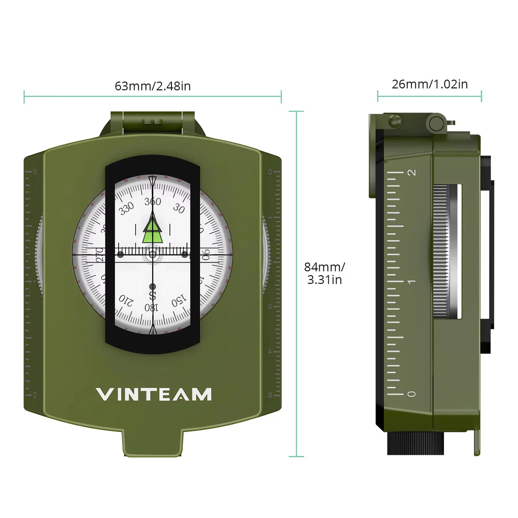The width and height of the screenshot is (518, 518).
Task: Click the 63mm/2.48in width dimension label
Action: pos(153,86)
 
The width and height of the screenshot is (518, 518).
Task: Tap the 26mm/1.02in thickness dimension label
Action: pos(429,84)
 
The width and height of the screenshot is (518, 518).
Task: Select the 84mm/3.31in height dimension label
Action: pos(324,273)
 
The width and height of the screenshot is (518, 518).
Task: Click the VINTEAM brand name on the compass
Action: pos(153,394)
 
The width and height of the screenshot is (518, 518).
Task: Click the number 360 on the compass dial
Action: pos(153,202)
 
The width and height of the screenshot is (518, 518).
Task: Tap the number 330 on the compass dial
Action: pos(127,208)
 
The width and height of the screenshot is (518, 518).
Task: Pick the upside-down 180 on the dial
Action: pos(151,308)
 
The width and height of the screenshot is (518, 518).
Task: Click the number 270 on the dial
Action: pos(100,255)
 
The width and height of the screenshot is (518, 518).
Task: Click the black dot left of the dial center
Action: pos(120,255)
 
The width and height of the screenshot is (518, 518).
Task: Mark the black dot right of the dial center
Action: pos(185,255)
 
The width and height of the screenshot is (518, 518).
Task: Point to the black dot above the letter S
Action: pos(153,286)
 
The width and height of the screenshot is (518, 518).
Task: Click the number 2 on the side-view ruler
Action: pos(412,172)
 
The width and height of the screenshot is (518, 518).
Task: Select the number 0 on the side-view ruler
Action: pos(412,394)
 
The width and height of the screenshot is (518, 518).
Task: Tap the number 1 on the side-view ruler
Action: pos(412,282)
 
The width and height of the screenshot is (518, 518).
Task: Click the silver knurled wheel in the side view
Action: pos(441,251)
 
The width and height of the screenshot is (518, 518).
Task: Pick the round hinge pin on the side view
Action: pos(436,123)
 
